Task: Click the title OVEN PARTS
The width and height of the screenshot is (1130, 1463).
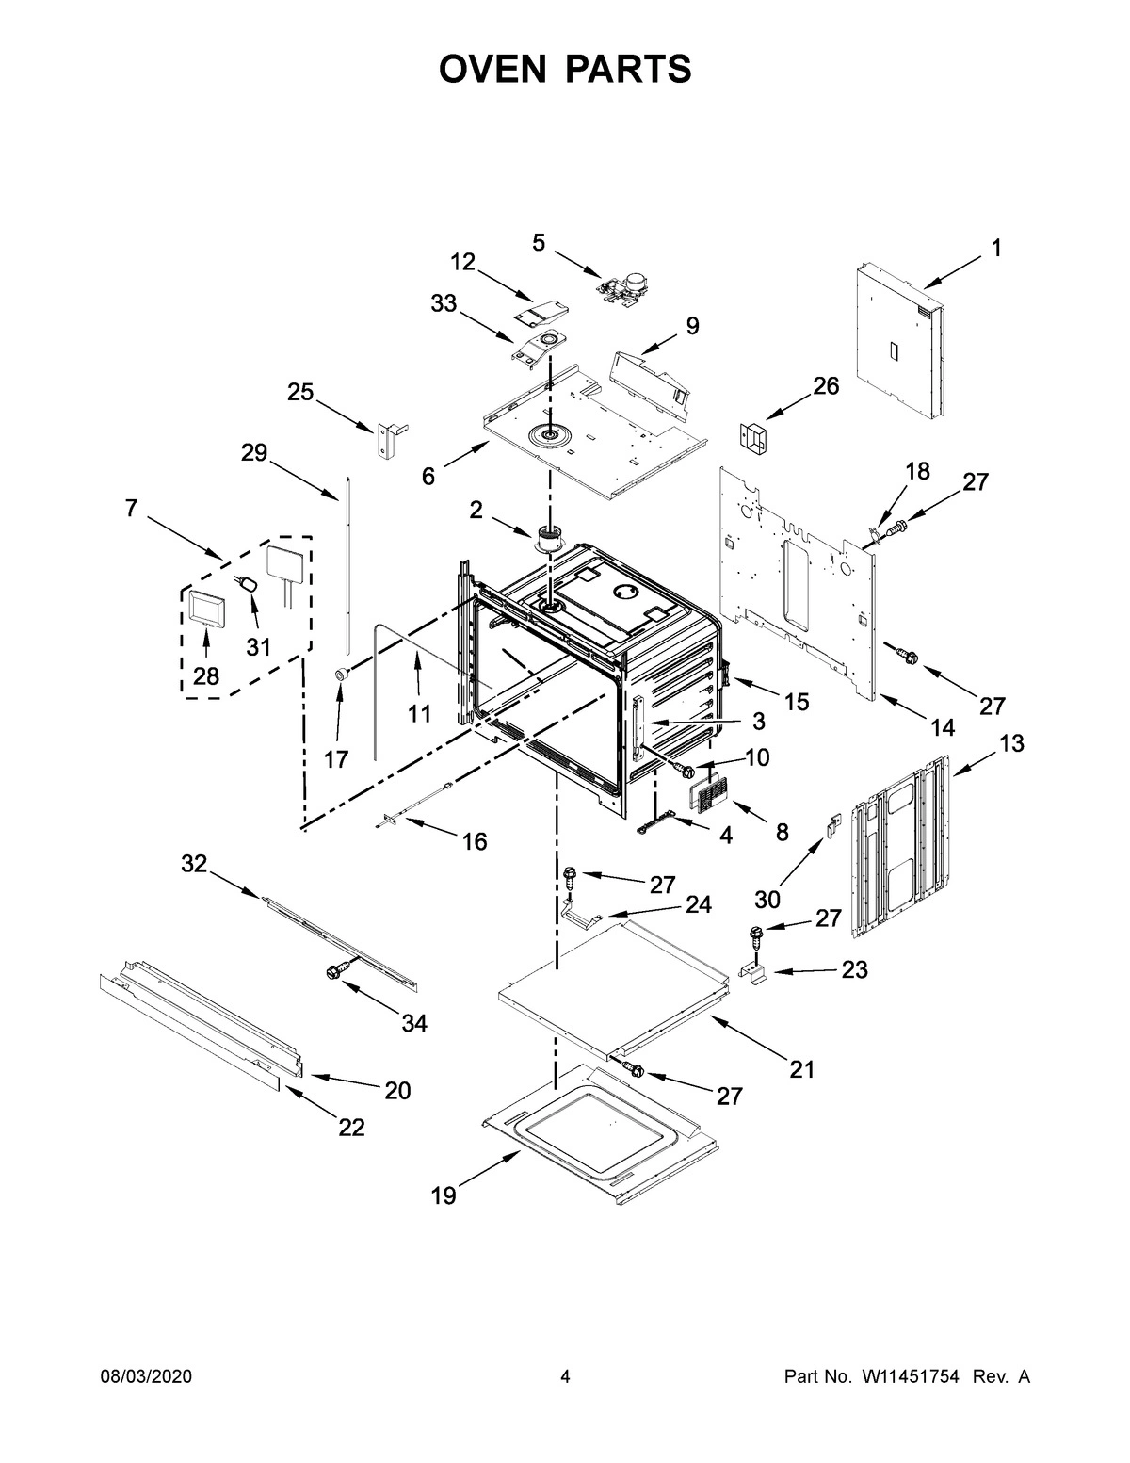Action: pyautogui.click(x=565, y=69)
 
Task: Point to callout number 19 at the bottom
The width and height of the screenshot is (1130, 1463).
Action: pyautogui.click(x=444, y=1195)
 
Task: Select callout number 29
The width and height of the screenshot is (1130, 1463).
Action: pyautogui.click(x=254, y=453)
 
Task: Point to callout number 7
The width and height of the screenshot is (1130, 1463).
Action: pyautogui.click(x=131, y=509)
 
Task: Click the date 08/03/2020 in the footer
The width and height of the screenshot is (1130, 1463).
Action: pyautogui.click(x=146, y=1376)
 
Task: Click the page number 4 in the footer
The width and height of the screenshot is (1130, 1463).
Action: pyautogui.click(x=565, y=1376)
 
